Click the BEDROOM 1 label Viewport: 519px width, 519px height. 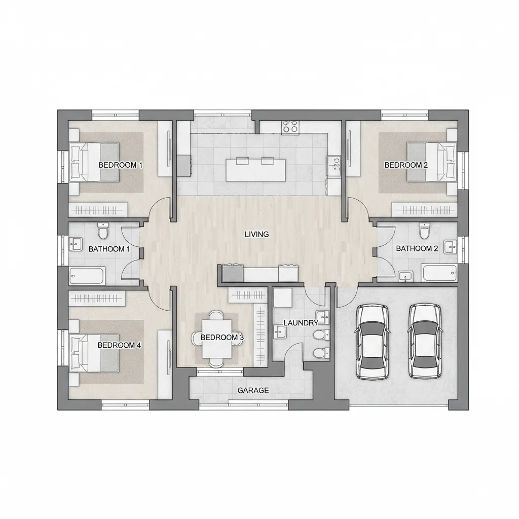121,165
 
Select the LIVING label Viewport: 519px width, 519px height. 256,234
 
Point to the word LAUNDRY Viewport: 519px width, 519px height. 301,323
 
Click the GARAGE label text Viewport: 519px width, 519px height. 253,391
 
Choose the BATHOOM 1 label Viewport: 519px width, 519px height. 109,249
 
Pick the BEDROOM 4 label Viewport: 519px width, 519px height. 119,345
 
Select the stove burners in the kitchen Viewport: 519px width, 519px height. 290,126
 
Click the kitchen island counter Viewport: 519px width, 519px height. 255,169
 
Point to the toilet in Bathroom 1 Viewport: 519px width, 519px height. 103,232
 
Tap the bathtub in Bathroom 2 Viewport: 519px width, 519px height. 439,273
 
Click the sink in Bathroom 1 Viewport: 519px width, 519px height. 76,244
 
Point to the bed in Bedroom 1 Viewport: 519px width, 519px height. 94,162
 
